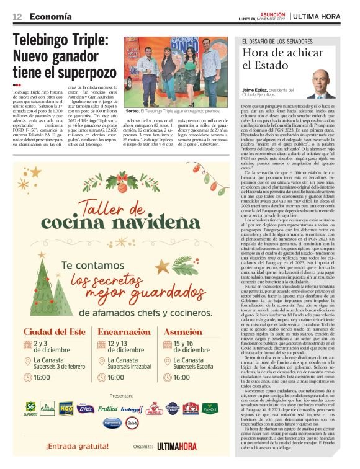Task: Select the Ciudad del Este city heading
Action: [53, 333]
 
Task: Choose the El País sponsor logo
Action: [86, 409]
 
